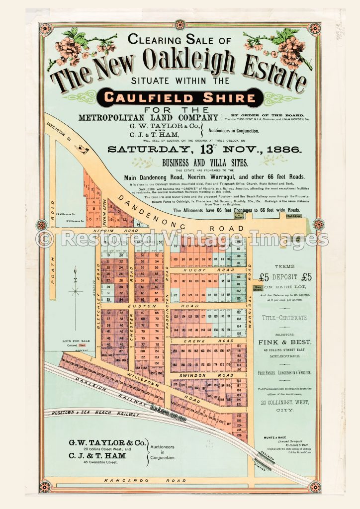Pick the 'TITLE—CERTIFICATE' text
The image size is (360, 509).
[285, 317]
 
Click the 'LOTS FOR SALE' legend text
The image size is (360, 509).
[75, 340]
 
